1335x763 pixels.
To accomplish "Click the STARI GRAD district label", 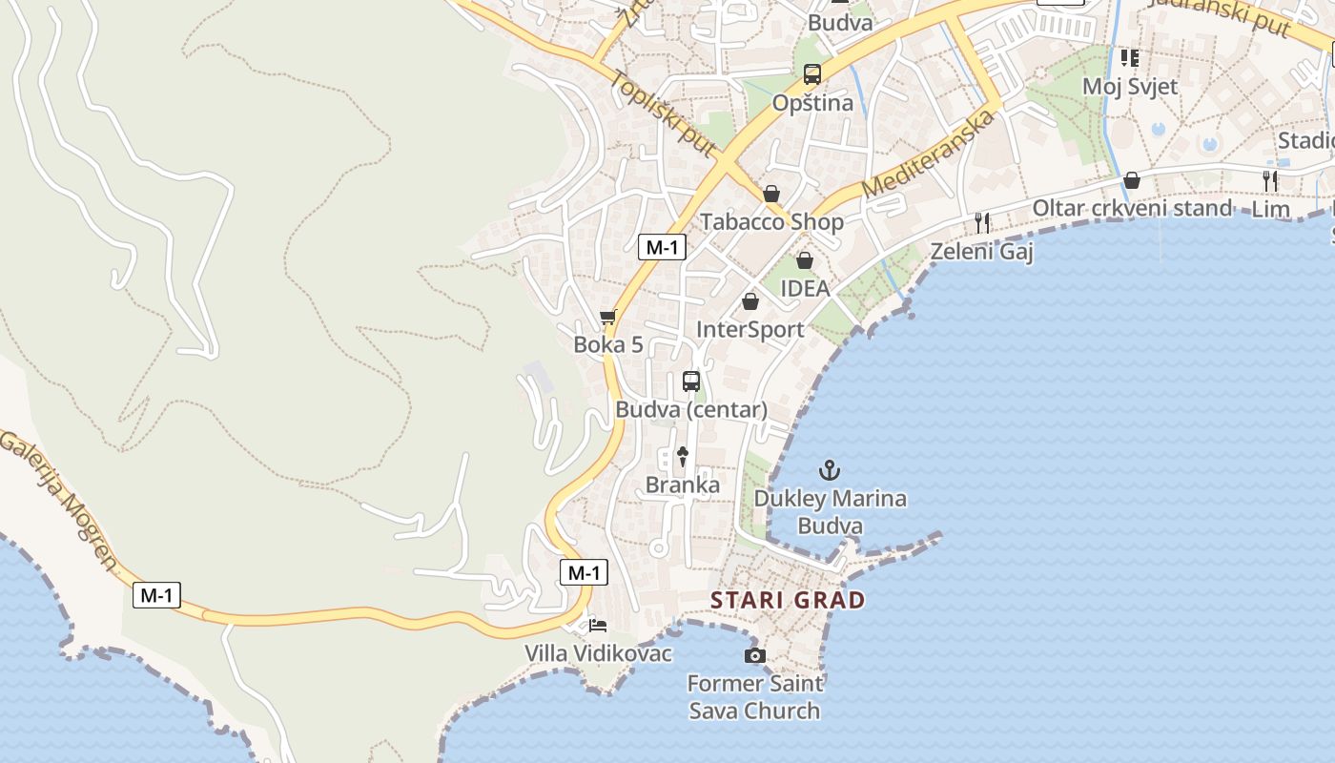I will (x=788, y=601).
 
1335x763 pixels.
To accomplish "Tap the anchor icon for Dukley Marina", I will (x=830, y=470).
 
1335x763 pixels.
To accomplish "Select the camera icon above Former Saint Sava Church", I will (x=754, y=655).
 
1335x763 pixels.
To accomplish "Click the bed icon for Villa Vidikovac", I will (x=597, y=627).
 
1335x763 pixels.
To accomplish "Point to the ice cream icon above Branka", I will (x=683, y=457).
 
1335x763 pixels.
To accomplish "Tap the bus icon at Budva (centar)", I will (x=691, y=381).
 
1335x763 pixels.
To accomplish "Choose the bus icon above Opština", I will (x=812, y=74).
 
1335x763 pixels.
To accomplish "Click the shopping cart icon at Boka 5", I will (x=607, y=318).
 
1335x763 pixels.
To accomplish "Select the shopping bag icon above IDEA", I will (x=805, y=260).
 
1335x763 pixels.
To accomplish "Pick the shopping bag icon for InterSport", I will (x=750, y=301).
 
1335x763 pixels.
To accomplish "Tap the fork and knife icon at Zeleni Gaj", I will (x=982, y=222).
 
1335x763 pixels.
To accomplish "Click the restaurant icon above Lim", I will (x=1270, y=181).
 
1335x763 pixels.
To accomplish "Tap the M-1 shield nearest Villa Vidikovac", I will (x=583, y=572).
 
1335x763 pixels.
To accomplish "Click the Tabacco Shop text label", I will (x=771, y=222).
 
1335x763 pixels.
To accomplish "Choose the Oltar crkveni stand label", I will (x=1132, y=208).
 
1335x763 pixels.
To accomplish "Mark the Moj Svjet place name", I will (x=1130, y=87).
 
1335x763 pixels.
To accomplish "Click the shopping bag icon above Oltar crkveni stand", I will (x=1131, y=180).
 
